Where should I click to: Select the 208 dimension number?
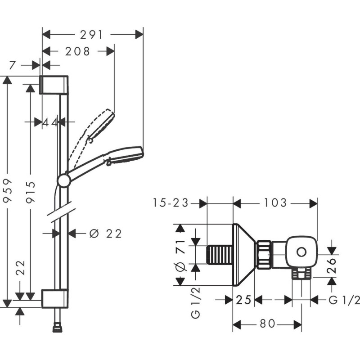click(78, 51)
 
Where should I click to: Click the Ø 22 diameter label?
click(106, 234)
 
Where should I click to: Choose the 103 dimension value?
click(274, 203)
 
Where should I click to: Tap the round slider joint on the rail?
click(64, 180)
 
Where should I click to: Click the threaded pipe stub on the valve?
click(220, 255)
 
